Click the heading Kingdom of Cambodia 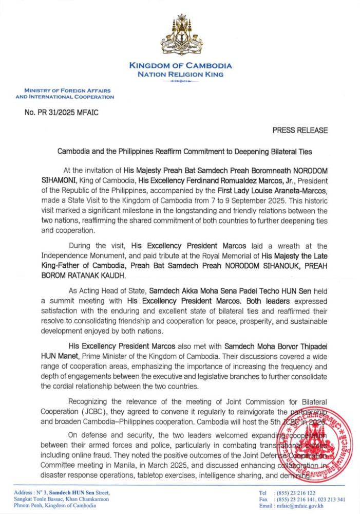[x=180, y=66]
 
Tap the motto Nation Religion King [x=180, y=75]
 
